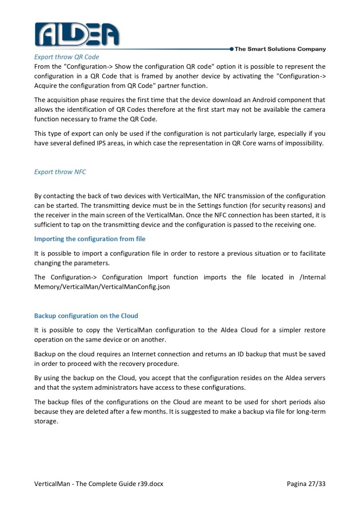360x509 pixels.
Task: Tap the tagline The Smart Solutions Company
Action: pos(280,49)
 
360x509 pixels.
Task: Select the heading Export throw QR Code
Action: pos(67,57)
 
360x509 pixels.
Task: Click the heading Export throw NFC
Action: pos(60,172)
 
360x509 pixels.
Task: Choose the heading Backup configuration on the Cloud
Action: pos(86,316)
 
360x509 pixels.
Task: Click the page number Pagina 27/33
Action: pos(306,484)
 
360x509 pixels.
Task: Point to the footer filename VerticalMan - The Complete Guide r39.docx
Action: pos(99,484)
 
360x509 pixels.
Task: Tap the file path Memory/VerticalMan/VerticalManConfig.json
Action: pos(102,286)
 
